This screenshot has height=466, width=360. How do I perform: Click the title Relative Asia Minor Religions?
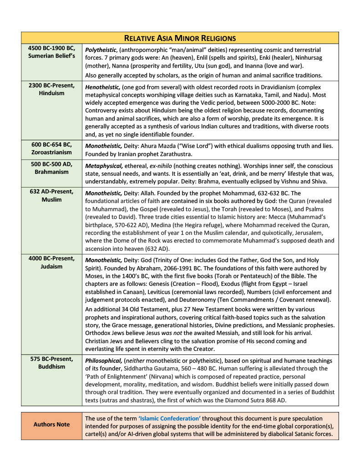pyautogui.click(x=180, y=38)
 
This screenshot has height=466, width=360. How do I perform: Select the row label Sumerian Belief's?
pyautogui.click(x=51, y=56)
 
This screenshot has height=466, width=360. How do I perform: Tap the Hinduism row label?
pyautogui.click(x=51, y=93)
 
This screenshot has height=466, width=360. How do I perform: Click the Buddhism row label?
pyautogui.click(x=51, y=366)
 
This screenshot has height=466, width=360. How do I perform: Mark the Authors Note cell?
pyautogui.click(x=51, y=424)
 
